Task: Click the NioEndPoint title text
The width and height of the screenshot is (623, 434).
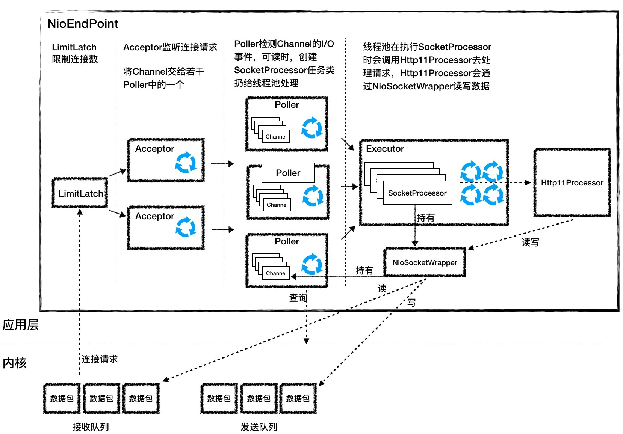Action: [x=83, y=24]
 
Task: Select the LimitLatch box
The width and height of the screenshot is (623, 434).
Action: [x=80, y=193]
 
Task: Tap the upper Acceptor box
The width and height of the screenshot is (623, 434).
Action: [x=166, y=160]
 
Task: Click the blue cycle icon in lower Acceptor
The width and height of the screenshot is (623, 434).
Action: [x=186, y=227]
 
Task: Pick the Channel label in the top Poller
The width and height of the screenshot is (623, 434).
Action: [x=276, y=137]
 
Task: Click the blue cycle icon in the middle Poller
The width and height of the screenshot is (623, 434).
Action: [x=313, y=196]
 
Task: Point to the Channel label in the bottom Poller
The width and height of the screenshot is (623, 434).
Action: [x=276, y=273]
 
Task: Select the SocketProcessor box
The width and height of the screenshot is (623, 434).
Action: [x=417, y=193]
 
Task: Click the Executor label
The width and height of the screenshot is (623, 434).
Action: [x=385, y=149]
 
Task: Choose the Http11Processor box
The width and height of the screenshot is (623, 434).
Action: [x=572, y=183]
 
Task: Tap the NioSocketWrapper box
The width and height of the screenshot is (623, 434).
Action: [x=425, y=262]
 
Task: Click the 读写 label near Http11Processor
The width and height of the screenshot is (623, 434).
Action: [x=530, y=243]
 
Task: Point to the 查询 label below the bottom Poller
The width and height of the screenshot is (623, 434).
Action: [x=298, y=298]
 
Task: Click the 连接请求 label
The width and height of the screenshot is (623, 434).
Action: [x=100, y=359]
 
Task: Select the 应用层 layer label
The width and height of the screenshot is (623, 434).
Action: [x=21, y=325]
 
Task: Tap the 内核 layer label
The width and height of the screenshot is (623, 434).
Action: [x=15, y=363]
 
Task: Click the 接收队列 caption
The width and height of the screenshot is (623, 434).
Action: [x=91, y=427]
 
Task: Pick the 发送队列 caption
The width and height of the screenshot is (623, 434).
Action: [x=259, y=427]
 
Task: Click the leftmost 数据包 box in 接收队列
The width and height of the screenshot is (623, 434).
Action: [x=62, y=398]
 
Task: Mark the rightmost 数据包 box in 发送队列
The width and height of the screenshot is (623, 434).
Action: [x=298, y=398]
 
